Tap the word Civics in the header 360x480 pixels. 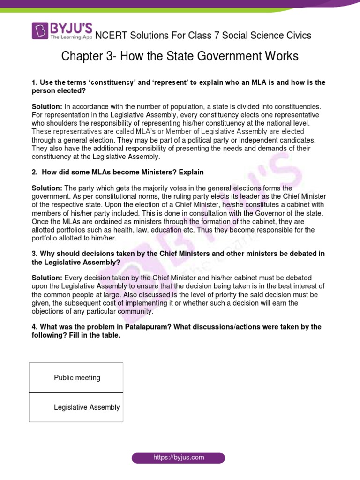296,36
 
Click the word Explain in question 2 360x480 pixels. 189,172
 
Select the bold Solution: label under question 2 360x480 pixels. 47,188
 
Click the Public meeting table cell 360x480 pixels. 76,378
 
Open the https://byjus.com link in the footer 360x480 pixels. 178,457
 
